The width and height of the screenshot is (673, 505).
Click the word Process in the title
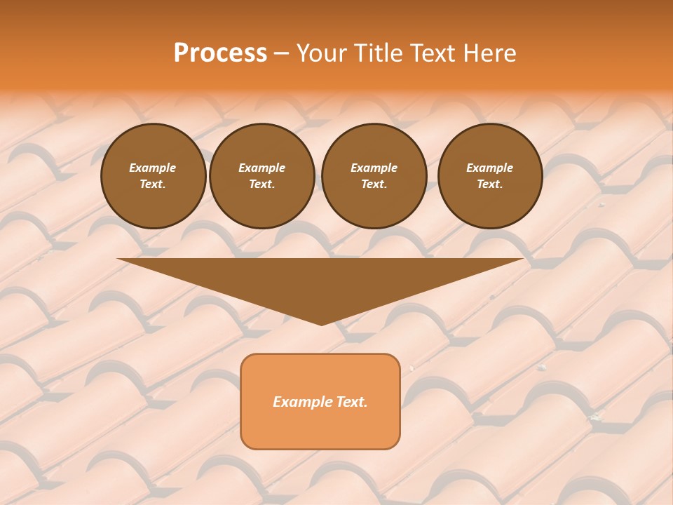pos(220,53)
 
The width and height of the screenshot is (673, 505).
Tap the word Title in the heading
pos(377,53)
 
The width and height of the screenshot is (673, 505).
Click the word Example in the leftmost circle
pos(153,168)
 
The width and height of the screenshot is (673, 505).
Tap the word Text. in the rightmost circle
pos(490,184)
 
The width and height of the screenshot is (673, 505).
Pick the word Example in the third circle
pos(374,168)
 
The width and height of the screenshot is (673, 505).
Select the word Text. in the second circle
pos(262,184)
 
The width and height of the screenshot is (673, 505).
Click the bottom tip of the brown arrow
pos(321,323)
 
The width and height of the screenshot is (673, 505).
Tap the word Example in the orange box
pos(302,402)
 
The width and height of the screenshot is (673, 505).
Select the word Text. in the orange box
pos(351,402)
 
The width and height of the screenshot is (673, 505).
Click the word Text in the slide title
pos(432,53)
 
